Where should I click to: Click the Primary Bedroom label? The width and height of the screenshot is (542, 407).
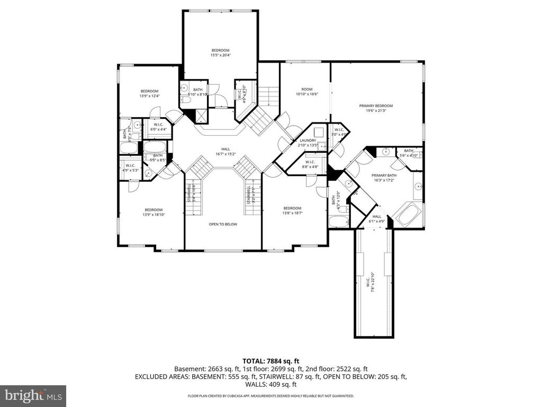(379, 106)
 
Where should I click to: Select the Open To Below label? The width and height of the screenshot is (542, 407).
(223, 224)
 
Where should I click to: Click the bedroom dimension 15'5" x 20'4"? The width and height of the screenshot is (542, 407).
(221, 55)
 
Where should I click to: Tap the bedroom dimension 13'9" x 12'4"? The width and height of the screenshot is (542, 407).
(149, 96)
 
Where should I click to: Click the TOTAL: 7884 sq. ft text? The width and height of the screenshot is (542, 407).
(270, 360)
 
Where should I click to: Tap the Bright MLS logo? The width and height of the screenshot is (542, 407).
(33, 395)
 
